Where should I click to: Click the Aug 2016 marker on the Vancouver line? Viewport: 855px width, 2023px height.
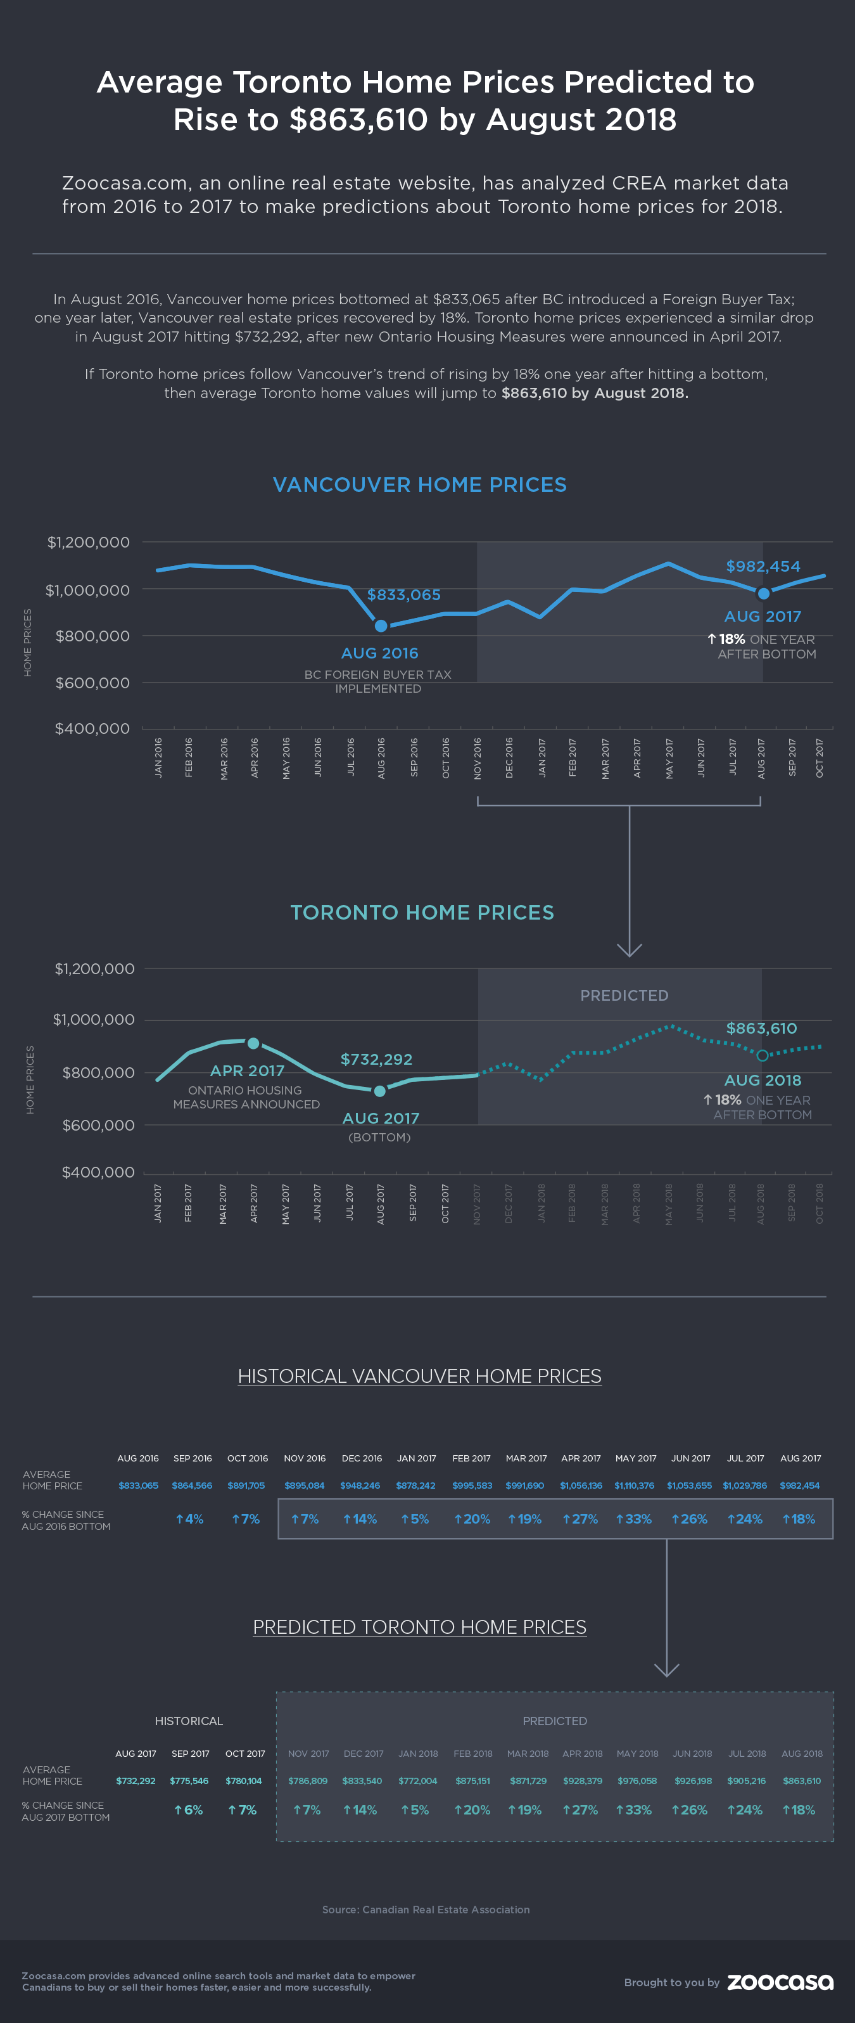point(381,626)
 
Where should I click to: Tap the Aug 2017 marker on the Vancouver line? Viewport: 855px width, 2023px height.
point(763,594)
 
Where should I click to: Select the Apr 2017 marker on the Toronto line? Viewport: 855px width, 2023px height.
point(253,1043)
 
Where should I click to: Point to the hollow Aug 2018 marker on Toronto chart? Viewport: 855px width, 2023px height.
point(761,1055)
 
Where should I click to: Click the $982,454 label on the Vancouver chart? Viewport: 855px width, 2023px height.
point(763,566)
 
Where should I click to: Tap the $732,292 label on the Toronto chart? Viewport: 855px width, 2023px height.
point(376,1060)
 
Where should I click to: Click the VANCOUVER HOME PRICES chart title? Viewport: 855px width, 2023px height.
point(419,485)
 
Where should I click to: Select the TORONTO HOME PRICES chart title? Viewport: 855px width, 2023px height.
point(422,912)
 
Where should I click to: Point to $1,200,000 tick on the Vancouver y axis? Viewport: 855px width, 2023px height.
point(88,542)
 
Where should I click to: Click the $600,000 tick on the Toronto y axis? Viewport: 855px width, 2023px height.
point(98,1124)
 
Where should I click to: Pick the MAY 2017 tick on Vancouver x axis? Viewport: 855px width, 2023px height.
point(669,758)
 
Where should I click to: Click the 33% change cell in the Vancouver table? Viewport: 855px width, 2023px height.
point(633,1519)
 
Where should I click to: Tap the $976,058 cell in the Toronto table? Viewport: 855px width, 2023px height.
point(636,1780)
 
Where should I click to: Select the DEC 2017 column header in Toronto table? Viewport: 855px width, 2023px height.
point(364,1753)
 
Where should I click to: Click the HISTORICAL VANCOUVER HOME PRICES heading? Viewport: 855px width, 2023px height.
point(419,1376)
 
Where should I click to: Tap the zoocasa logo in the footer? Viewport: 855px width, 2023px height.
point(780,1982)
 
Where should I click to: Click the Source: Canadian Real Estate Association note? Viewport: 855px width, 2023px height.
point(426,1909)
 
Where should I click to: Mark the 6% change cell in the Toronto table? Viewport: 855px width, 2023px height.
point(189,1809)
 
